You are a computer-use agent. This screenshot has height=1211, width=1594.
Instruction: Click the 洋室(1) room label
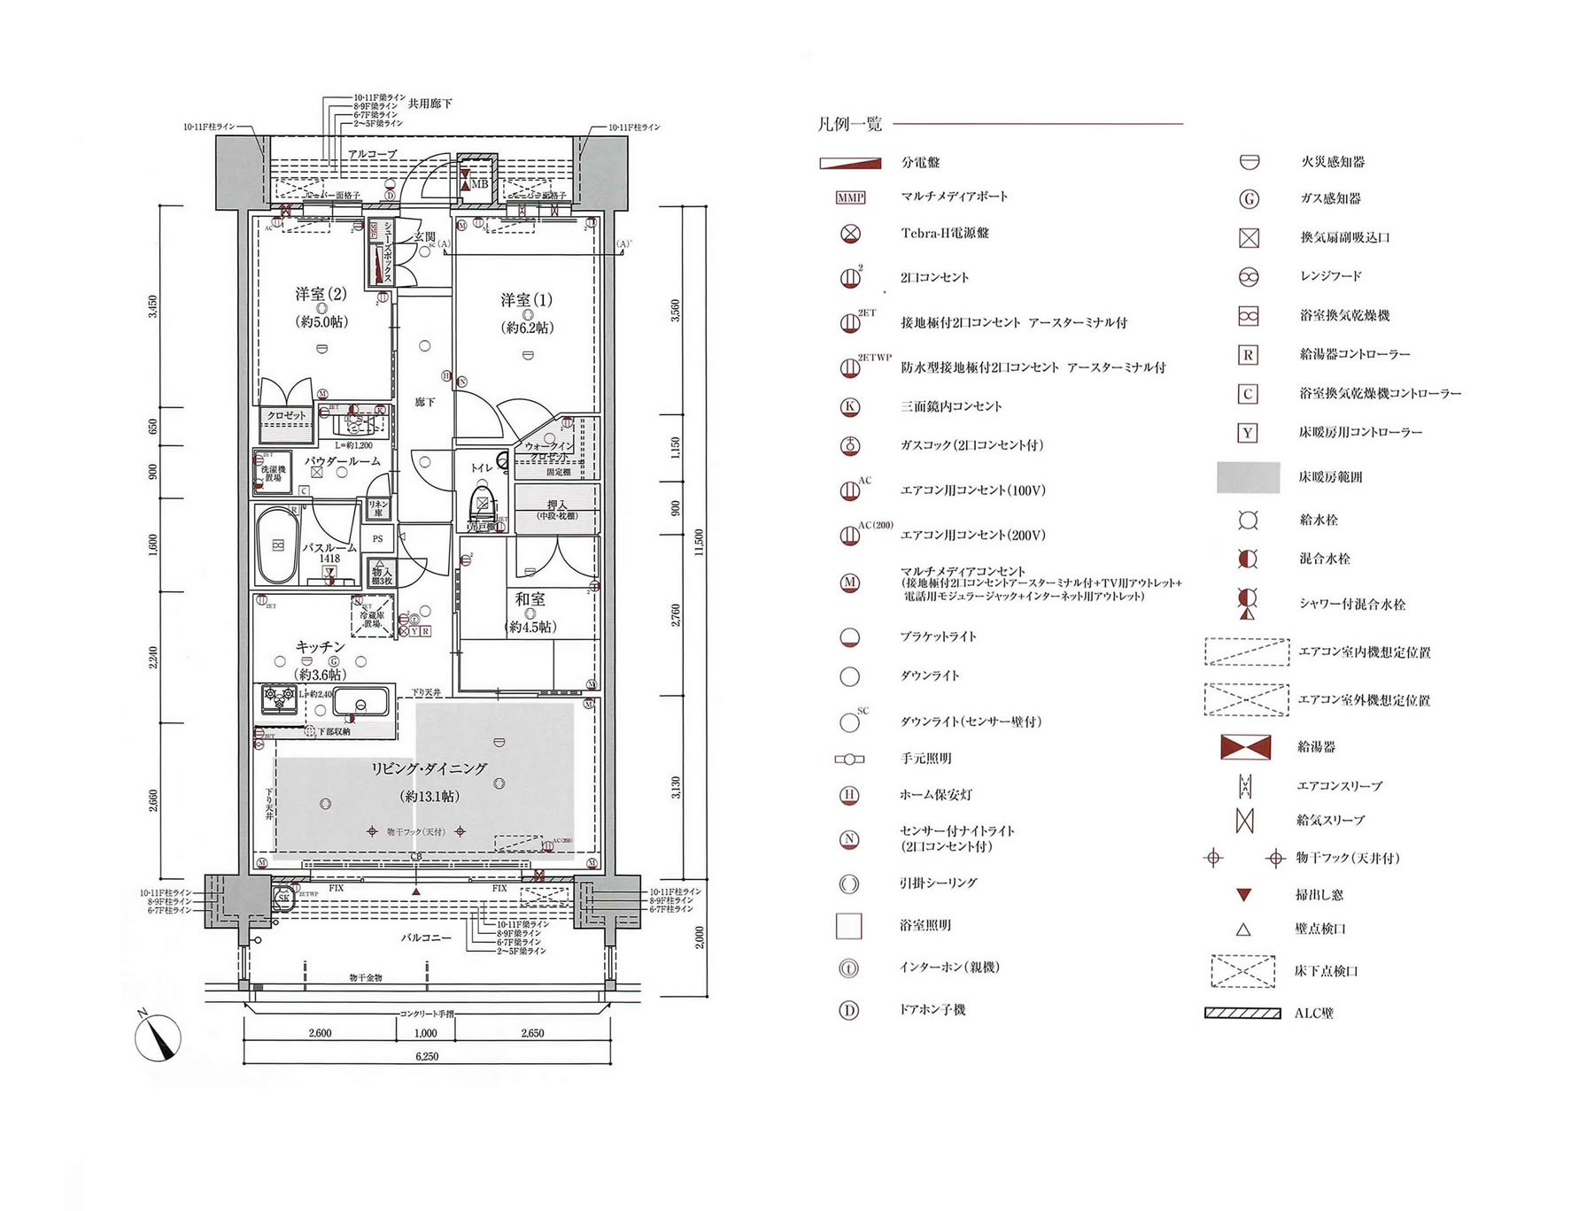526,300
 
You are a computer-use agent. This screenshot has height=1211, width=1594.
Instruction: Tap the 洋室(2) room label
321,294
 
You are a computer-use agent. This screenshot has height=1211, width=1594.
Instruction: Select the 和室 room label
530,599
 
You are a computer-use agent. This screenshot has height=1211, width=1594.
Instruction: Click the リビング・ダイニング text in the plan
429,768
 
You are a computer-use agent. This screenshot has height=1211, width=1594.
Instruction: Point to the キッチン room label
320,647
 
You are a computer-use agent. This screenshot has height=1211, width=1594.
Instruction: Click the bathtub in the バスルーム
277,545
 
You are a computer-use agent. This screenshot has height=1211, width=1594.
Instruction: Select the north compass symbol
158,1037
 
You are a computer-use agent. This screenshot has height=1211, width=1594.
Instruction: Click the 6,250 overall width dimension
426,1056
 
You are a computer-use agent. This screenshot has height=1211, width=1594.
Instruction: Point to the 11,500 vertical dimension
699,542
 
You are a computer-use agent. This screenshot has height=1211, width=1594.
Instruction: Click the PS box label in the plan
377,538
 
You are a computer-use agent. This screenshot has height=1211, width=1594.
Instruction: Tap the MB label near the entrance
479,184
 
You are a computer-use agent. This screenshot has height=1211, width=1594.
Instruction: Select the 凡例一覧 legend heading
849,124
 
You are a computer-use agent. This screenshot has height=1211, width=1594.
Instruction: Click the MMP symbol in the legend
850,197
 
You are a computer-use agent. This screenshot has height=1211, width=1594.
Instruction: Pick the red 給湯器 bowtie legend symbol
1245,747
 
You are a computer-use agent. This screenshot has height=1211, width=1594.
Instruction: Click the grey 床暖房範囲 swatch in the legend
1248,477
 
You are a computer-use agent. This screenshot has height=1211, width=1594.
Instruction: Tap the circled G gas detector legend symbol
1248,199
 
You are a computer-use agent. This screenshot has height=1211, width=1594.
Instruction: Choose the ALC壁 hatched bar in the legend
1242,1014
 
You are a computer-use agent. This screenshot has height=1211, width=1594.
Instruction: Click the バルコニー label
426,937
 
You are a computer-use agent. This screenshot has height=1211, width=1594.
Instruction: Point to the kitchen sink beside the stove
361,703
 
